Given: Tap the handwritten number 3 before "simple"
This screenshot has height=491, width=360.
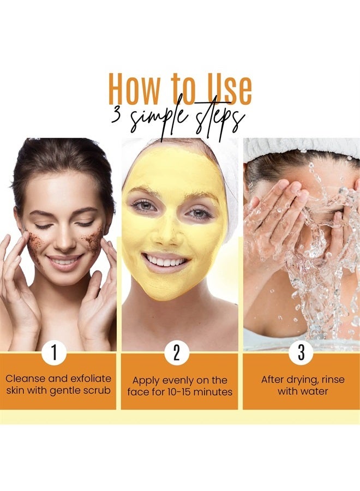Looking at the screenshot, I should click(116, 116).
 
